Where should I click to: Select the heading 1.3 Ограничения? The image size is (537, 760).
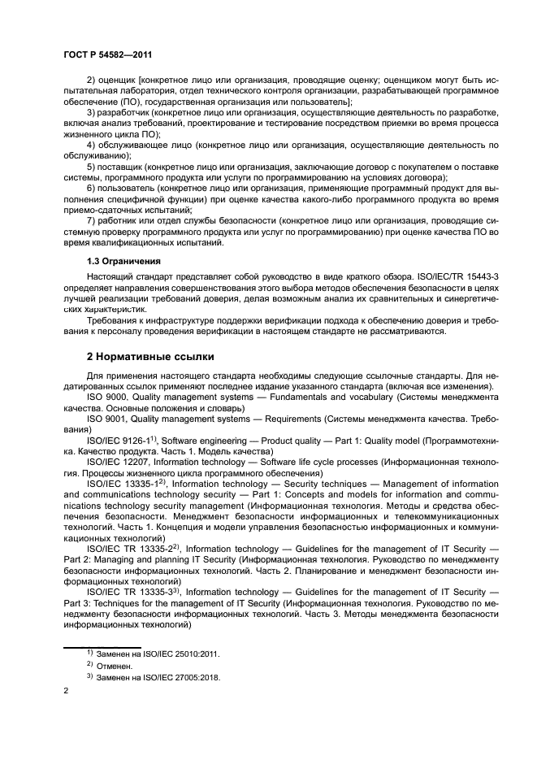point(123,262)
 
